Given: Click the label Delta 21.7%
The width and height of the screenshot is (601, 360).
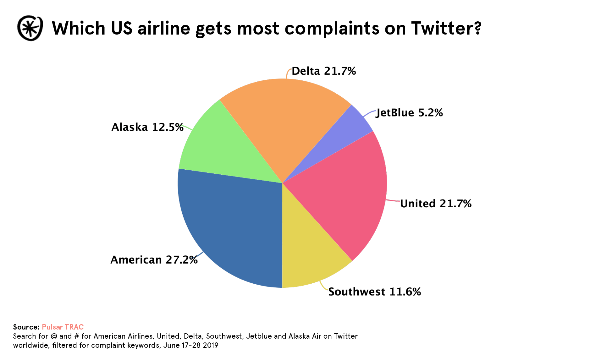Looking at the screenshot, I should point(324,71).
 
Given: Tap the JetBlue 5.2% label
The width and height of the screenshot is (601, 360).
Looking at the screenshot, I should point(409,112).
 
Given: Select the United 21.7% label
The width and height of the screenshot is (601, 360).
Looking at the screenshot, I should point(436,204).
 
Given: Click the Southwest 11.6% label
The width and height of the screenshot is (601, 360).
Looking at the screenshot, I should point(374,292).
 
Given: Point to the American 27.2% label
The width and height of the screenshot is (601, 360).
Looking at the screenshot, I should point(154,260).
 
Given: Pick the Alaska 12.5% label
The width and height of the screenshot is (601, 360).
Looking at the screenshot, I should point(147,127).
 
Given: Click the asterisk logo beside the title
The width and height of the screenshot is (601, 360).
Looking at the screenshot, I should point(30,28).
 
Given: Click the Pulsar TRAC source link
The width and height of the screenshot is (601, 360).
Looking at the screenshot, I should point(63,327).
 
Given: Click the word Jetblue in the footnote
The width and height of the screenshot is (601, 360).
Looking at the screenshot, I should point(259,336).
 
